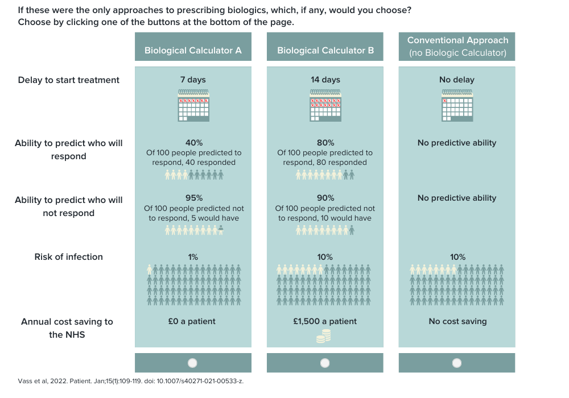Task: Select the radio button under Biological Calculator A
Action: point(192,363)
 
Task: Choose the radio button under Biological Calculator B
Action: point(325,363)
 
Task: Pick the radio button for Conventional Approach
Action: point(457,363)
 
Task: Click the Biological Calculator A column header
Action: point(193,50)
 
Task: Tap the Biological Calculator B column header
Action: point(325,50)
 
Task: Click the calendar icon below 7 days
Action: point(193,106)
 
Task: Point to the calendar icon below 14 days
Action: point(325,106)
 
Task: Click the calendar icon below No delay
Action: point(457,106)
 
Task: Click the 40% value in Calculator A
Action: point(193,143)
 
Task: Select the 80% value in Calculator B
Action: point(325,143)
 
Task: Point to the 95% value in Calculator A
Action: point(193,198)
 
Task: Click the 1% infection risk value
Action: point(193,257)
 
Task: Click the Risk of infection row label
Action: point(69,257)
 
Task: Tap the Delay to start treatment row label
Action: point(69,80)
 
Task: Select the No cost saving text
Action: point(457,321)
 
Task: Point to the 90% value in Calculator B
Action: point(325,198)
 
